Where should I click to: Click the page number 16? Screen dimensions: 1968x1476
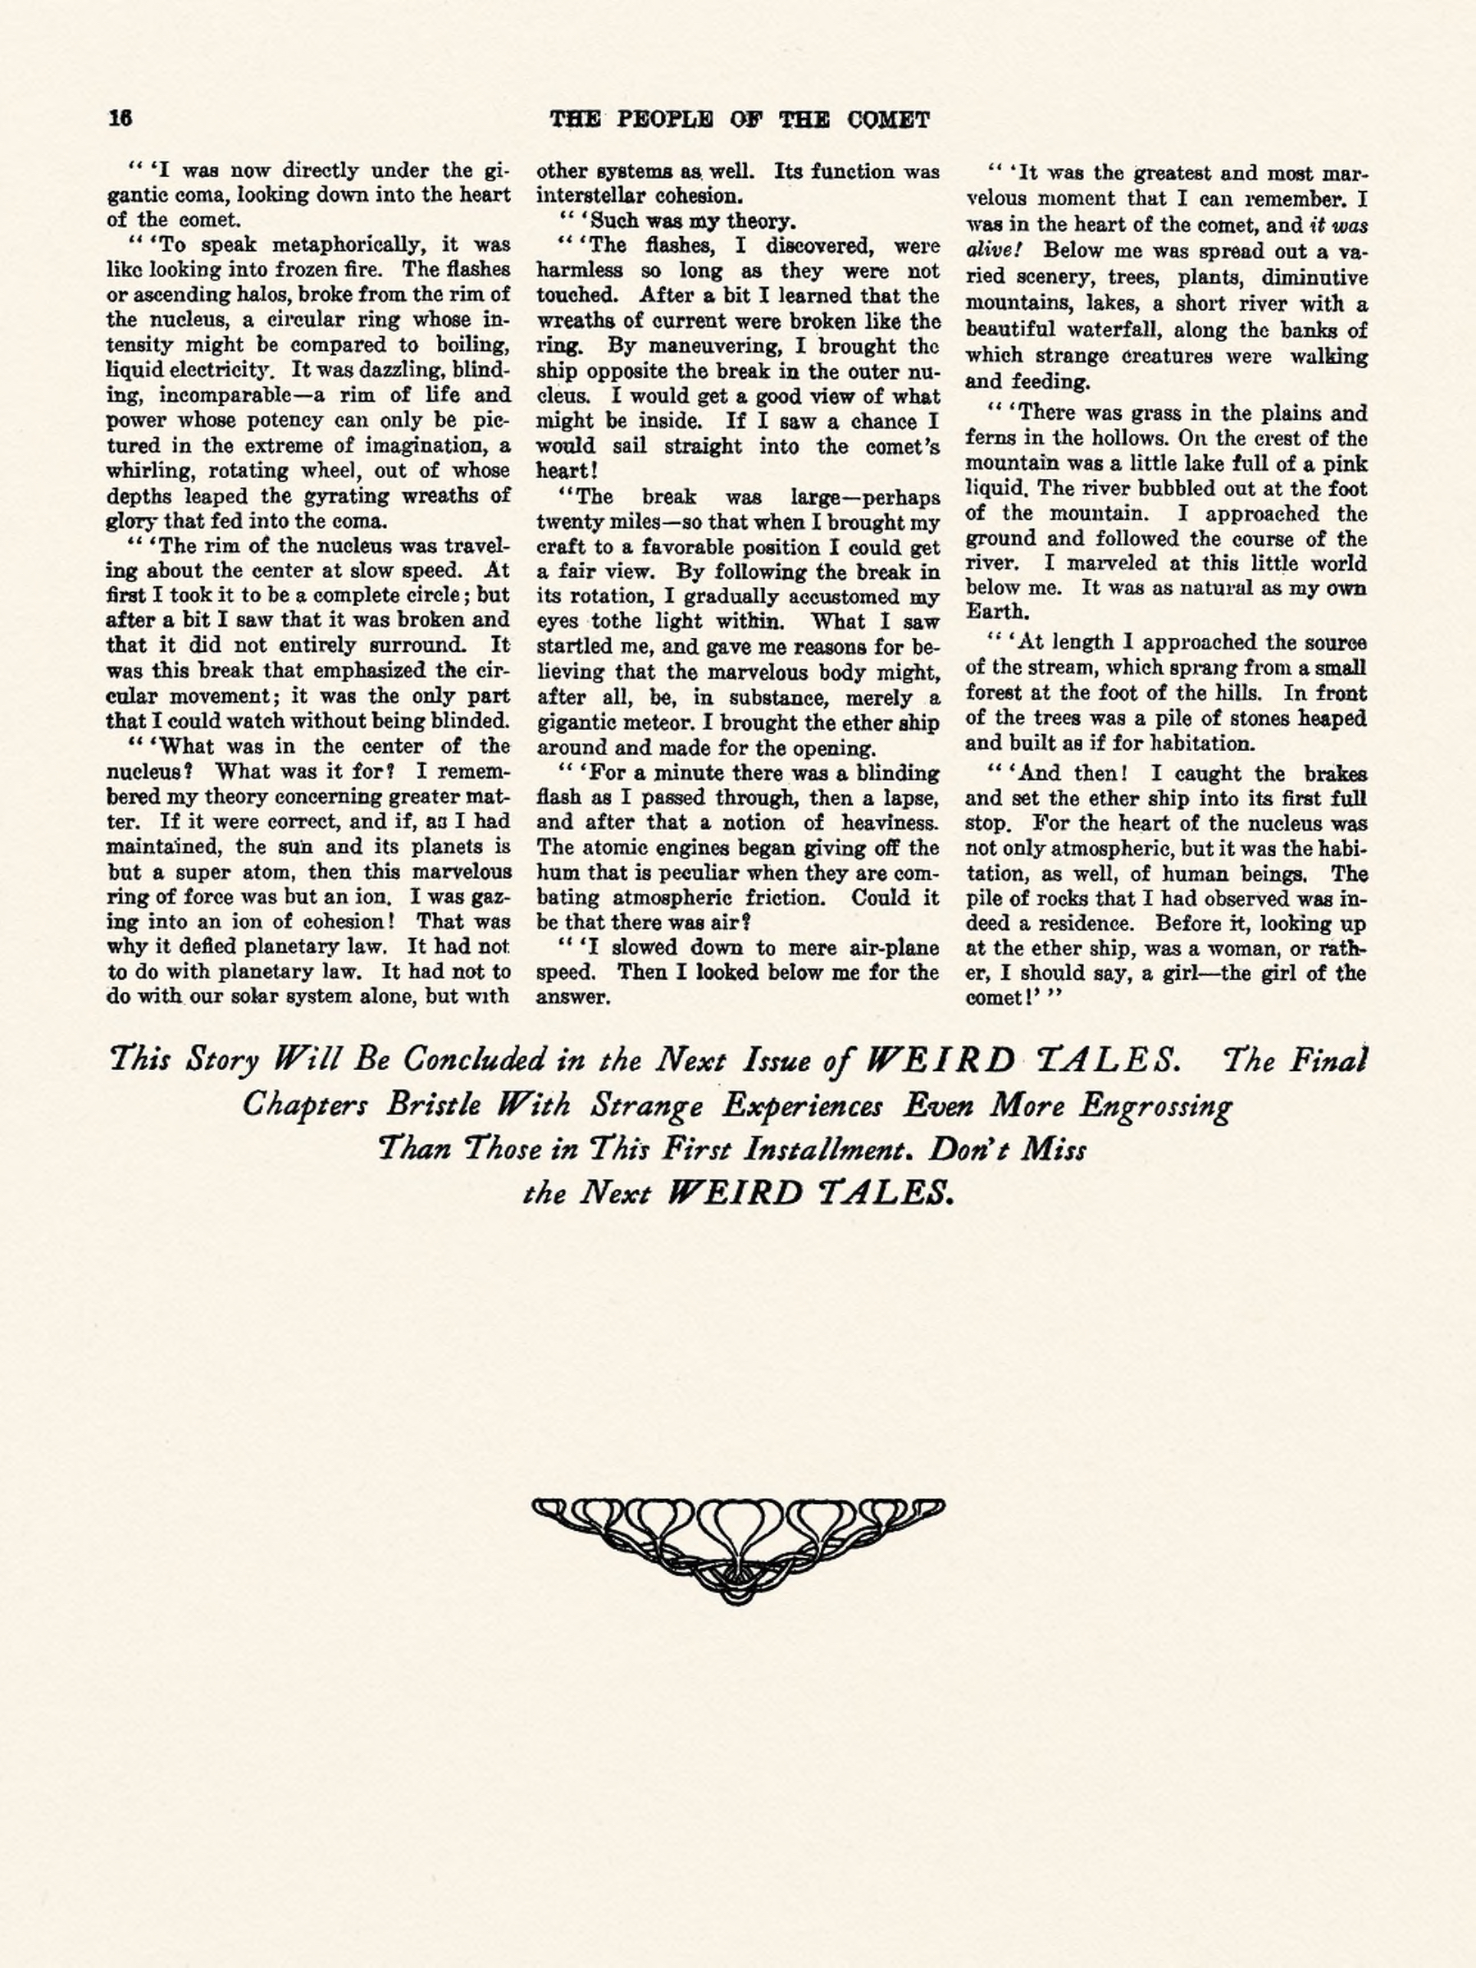[x=119, y=118]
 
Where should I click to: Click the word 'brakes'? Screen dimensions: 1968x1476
[x=1334, y=774]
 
